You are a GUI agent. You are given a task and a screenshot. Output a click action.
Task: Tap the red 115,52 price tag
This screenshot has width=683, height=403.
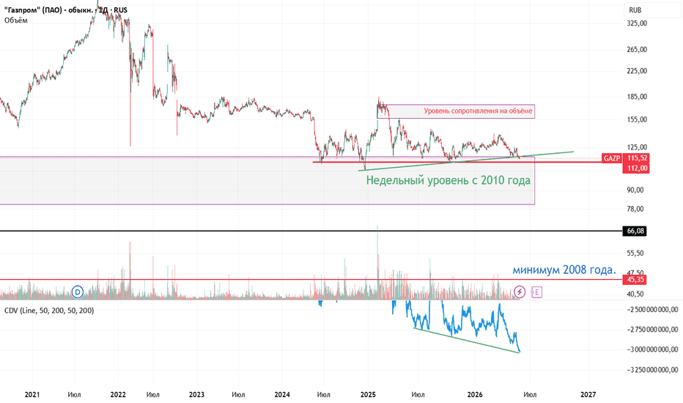click(x=636, y=158)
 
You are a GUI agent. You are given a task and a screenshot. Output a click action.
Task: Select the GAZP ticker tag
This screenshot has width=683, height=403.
click(x=612, y=158)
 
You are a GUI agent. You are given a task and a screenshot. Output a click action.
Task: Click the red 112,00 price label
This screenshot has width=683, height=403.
click(x=636, y=169)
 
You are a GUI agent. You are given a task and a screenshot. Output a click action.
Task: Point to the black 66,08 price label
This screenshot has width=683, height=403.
click(x=635, y=231)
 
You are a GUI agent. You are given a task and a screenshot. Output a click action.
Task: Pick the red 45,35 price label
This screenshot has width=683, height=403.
click(x=635, y=280)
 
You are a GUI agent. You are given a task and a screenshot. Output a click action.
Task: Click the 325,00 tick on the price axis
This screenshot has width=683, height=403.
click(x=637, y=23)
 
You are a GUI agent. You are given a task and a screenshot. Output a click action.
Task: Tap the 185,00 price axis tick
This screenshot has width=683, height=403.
click(x=637, y=97)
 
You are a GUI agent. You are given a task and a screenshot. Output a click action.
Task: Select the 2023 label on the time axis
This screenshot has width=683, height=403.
click(x=196, y=395)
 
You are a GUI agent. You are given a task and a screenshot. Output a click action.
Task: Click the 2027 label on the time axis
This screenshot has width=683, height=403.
click(x=588, y=395)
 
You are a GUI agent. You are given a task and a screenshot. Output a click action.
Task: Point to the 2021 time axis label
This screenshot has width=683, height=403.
click(x=32, y=395)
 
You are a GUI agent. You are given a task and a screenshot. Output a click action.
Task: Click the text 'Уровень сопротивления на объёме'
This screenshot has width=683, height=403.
click(x=478, y=111)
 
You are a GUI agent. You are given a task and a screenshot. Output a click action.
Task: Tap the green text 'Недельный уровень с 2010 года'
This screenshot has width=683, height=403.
click(x=448, y=180)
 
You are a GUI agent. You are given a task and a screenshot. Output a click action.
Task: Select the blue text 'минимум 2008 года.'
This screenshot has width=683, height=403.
click(x=564, y=270)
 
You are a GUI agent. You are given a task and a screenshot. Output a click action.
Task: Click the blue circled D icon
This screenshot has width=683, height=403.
click(x=78, y=292)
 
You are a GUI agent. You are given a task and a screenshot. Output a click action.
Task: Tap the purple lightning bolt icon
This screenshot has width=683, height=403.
click(x=520, y=292)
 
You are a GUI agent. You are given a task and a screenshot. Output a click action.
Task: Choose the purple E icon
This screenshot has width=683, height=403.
click(x=536, y=292)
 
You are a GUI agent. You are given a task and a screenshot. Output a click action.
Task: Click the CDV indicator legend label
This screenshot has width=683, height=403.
click(x=49, y=311)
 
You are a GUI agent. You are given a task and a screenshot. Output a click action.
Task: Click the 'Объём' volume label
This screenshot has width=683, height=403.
click(x=16, y=20)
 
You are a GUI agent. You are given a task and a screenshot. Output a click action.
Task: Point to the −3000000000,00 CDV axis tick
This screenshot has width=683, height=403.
click(x=652, y=350)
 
